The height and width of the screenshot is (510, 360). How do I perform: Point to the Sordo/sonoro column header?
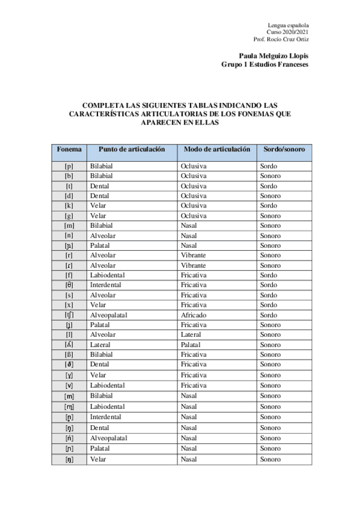tap(284, 149)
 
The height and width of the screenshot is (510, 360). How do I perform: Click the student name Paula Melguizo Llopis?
tap(273, 55)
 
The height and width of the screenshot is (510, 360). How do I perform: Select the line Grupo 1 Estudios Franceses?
tap(265, 64)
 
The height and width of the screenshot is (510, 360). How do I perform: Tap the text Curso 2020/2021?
tap(288, 32)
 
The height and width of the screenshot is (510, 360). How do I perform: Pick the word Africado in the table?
tap(193, 315)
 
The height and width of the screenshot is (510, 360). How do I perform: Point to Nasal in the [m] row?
tap(189, 226)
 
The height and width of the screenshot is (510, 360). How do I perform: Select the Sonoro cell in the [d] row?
tap(270, 196)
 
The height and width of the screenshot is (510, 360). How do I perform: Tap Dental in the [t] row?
tap(99, 186)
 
